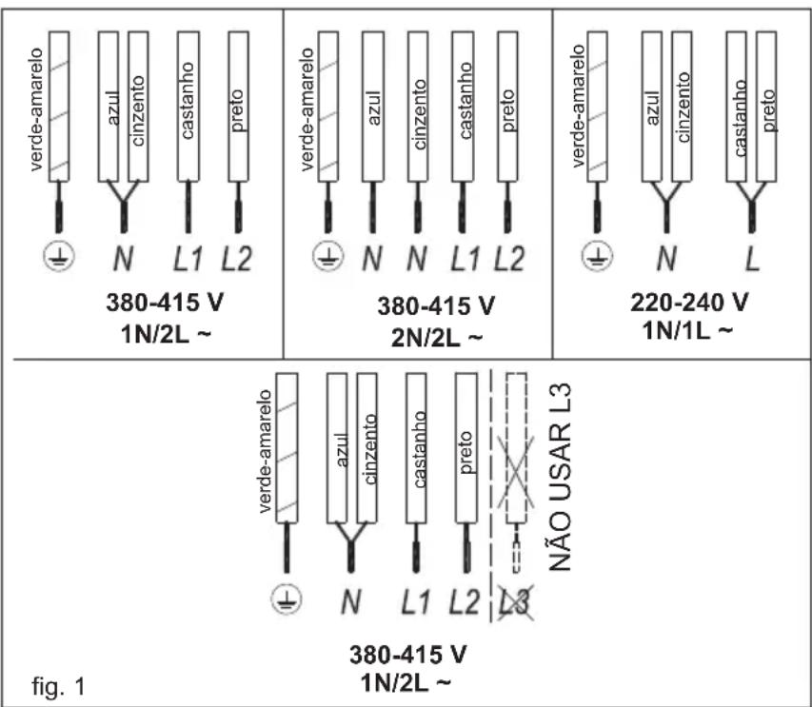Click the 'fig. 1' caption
click(58, 686)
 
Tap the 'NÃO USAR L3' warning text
click(560, 477)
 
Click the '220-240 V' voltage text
click(689, 303)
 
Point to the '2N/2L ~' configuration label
click(437, 339)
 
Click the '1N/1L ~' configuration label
click(687, 330)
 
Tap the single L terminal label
click(752, 258)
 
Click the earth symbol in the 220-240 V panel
click(597, 256)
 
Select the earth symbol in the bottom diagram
click(287, 599)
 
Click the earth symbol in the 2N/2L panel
click(327, 256)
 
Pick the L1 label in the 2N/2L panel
click(465, 258)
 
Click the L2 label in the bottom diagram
click(464, 602)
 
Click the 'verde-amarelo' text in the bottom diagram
click(265, 451)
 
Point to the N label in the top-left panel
click(123, 258)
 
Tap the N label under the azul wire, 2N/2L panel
click(372, 258)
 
